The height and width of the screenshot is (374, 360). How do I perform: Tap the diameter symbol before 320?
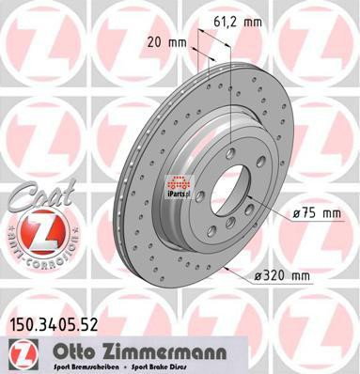[x=258, y=274]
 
